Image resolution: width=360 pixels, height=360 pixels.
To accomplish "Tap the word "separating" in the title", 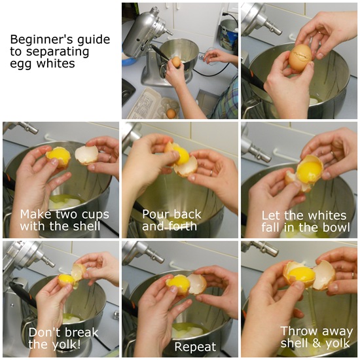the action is point(58,52).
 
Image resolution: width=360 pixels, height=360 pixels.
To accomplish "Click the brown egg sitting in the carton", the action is point(171,113).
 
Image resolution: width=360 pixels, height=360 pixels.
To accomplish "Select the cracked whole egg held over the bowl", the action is point(300,57).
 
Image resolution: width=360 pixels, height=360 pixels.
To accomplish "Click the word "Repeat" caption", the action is point(195,347).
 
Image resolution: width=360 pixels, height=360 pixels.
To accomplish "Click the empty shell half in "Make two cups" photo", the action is point(87,155).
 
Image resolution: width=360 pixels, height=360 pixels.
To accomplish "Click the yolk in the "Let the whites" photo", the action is point(309,171).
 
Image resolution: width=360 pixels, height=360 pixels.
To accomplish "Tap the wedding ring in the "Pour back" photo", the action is point(211,173).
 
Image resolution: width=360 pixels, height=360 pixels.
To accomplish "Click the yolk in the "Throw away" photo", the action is point(302,275).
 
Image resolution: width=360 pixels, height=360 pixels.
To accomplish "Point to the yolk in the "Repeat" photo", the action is point(179,285).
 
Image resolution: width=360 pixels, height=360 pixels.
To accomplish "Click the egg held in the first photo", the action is point(176,62).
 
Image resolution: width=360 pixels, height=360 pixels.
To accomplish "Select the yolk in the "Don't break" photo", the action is point(66,279).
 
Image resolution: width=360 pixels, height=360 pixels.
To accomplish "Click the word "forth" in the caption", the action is point(183,226).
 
